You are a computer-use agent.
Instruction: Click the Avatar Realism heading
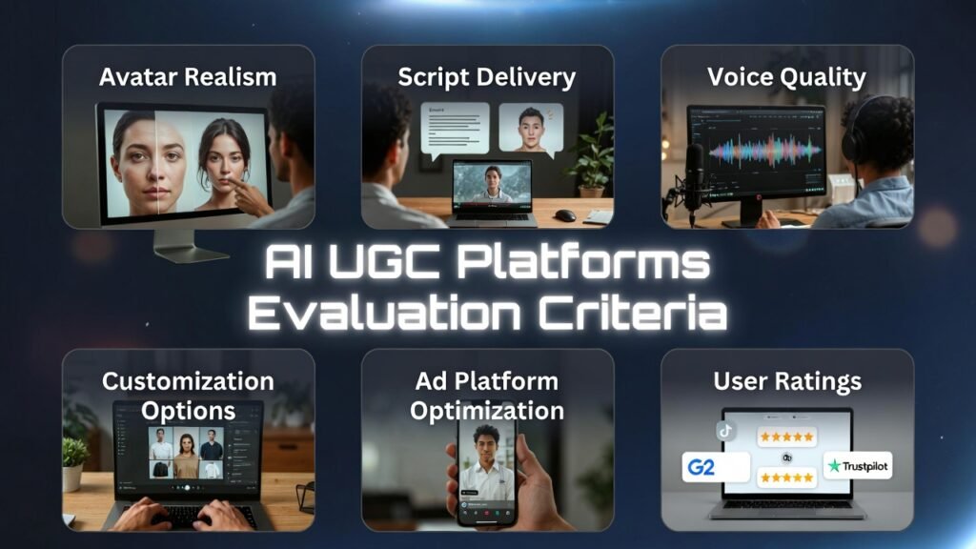click(188, 77)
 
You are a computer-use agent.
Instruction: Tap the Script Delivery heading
click(487, 77)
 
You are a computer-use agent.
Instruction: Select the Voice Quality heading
click(786, 77)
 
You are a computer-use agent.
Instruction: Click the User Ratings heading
click(787, 382)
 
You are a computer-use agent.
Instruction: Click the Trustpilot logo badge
click(858, 466)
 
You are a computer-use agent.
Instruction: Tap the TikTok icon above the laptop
click(726, 430)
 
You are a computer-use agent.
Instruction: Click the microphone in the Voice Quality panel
click(695, 172)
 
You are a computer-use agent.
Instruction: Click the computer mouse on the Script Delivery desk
click(565, 214)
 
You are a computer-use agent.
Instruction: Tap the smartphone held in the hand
click(487, 472)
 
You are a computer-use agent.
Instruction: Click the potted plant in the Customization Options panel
click(75, 461)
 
